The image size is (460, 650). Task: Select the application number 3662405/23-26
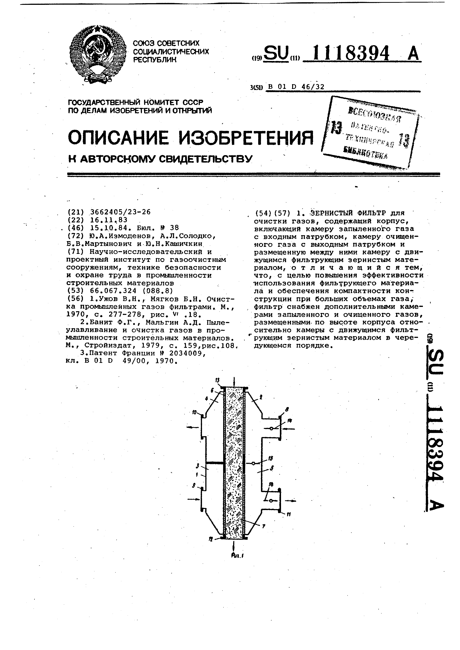click(120, 212)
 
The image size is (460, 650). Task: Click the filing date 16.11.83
click(109, 220)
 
